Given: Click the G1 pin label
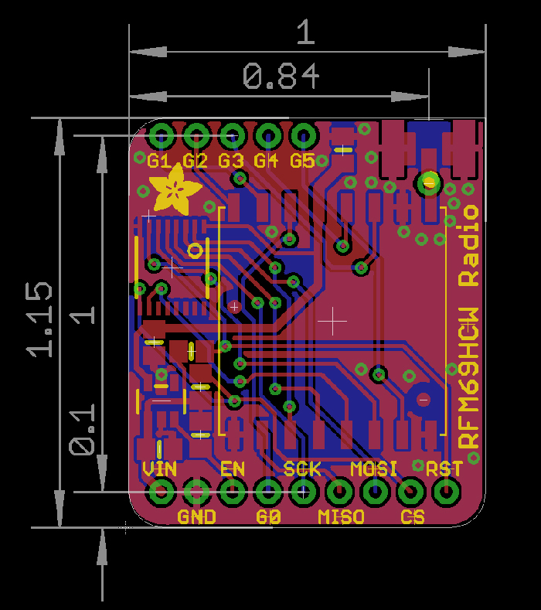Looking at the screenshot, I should tap(158, 161).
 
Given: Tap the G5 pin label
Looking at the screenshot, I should tap(302, 161).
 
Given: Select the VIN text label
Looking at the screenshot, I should tap(160, 469).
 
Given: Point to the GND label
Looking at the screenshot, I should tap(196, 516).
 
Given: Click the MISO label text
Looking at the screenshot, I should tap(341, 516).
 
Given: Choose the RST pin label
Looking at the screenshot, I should tap(444, 469).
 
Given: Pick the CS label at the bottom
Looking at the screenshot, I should tap(412, 516).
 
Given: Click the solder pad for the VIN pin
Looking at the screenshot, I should tap(162, 491).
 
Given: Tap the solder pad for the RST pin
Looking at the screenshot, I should tap(445, 491).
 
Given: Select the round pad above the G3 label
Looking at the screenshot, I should tap(232, 136).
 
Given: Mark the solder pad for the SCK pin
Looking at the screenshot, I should tap(304, 491).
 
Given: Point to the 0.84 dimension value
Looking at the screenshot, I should tap(281, 77).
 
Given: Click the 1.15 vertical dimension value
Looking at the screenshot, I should tap(40, 319).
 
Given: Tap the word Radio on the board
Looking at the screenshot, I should tap(469, 246).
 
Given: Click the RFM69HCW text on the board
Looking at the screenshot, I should tap(469, 377).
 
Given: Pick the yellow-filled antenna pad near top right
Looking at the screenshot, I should tap(427, 183).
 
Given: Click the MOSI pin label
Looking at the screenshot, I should tap(374, 469).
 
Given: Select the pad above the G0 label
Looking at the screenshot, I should tap(268, 491).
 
